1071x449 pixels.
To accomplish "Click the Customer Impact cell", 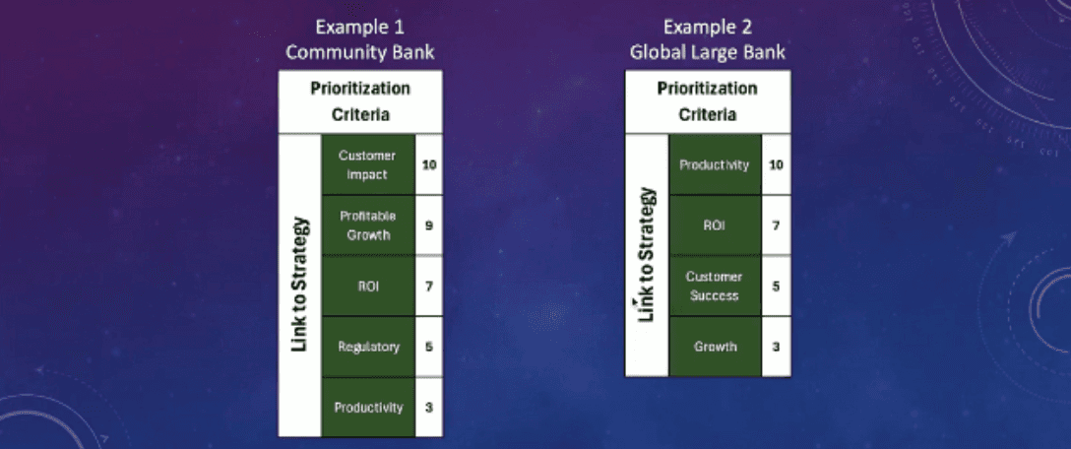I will click(367, 164).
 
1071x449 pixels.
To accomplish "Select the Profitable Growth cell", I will click(367, 225).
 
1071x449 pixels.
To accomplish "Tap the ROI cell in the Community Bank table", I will click(367, 287).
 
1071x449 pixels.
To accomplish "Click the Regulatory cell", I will click(367, 347).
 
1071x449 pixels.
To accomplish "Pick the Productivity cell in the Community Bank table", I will click(367, 407).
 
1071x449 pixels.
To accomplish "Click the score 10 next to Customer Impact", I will click(429, 164).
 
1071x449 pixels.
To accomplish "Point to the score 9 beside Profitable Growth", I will click(429, 225).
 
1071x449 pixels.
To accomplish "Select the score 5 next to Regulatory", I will click(429, 347).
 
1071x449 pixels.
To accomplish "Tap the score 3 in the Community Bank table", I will click(429, 407).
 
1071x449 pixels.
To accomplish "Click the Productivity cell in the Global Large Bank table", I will click(715, 164).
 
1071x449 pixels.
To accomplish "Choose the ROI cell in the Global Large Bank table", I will click(715, 225).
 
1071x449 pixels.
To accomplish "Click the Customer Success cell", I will click(715, 286).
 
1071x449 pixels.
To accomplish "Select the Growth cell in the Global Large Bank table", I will click(715, 347).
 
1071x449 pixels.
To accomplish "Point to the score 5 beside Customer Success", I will click(776, 286).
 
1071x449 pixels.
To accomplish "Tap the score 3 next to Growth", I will click(776, 347).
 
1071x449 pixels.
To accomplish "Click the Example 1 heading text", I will click(360, 27).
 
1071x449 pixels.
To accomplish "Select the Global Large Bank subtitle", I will click(708, 51).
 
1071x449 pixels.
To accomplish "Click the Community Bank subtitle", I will click(360, 51).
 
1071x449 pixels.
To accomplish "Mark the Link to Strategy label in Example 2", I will click(647, 255).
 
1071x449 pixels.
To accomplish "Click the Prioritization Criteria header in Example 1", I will click(360, 100).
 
